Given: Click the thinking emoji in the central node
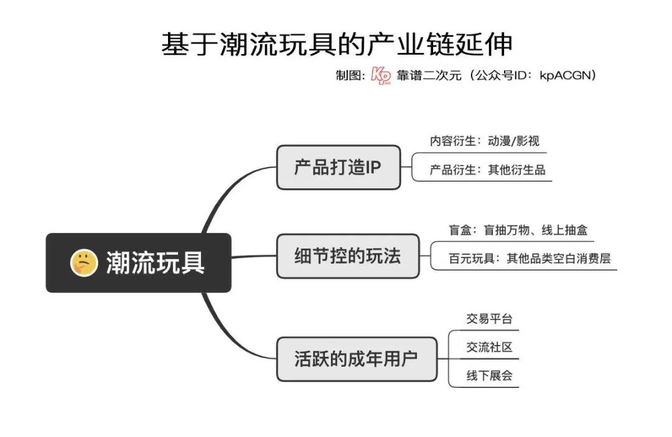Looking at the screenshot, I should point(83,263).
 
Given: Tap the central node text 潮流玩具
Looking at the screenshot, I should point(156,263).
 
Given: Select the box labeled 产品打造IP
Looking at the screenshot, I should point(338,167).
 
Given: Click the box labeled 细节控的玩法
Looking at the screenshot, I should point(347,256).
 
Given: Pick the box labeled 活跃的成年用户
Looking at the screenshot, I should point(356,359).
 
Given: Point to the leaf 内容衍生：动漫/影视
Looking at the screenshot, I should point(485,141).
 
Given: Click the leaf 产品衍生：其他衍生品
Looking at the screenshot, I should point(487,170).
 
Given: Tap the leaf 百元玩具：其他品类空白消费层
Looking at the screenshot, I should point(530,259).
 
